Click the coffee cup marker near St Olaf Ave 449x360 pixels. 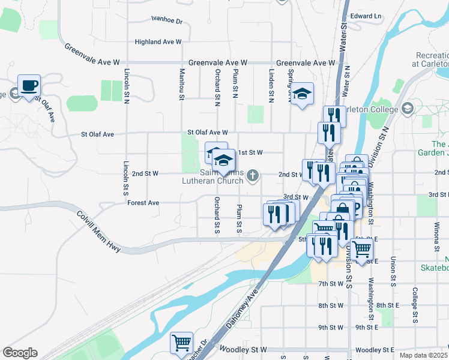click(29, 86)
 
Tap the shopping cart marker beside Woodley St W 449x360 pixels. click(181, 343)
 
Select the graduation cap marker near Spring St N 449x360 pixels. click(303, 94)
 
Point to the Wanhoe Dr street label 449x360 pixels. click(167, 21)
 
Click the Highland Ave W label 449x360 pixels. click(158, 42)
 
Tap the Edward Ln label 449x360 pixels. click(366, 16)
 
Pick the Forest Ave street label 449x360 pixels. click(143, 203)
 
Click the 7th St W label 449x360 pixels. click(331, 283)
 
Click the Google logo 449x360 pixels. click(20, 353)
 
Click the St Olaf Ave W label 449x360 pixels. click(208, 132)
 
